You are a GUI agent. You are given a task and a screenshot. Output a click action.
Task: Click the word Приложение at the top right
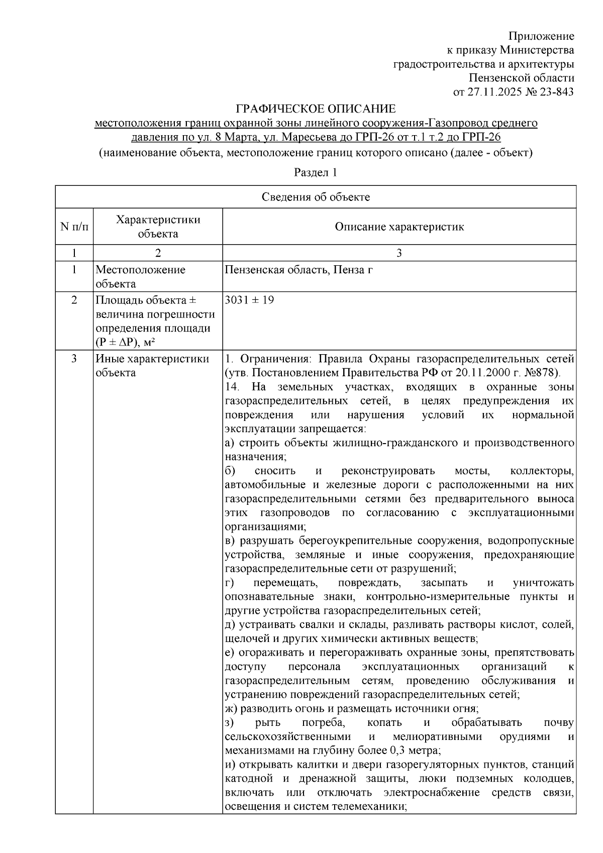pyautogui.click(x=541, y=36)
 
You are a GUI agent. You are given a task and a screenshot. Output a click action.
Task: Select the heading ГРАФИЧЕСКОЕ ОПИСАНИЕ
pyautogui.click(x=316, y=109)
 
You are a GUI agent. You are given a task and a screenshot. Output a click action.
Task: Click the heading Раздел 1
pyautogui.click(x=315, y=172)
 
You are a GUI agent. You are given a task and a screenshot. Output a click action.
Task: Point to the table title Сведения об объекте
pyautogui.click(x=316, y=197)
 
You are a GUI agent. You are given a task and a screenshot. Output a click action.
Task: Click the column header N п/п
pyautogui.click(x=74, y=227)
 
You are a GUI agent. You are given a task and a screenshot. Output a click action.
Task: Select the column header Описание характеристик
pyautogui.click(x=399, y=227)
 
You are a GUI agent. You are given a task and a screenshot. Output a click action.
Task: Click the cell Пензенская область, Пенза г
pyautogui.click(x=299, y=270)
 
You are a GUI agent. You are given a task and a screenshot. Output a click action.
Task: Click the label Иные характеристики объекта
pyautogui.click(x=152, y=366)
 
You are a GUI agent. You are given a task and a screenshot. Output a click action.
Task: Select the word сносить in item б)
pyautogui.click(x=275, y=471)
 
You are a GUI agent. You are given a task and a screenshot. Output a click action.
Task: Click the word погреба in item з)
pyautogui.click(x=324, y=723)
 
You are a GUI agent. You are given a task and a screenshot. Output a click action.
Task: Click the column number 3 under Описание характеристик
pyautogui.click(x=399, y=253)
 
